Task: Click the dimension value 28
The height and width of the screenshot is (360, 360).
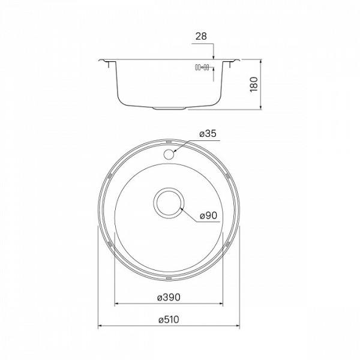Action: (x=200, y=37)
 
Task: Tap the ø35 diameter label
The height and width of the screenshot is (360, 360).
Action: (x=208, y=134)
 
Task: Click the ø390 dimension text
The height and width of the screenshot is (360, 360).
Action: (x=169, y=297)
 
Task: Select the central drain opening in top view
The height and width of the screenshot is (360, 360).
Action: (x=169, y=202)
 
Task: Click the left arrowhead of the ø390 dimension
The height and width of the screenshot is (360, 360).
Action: (x=116, y=303)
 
